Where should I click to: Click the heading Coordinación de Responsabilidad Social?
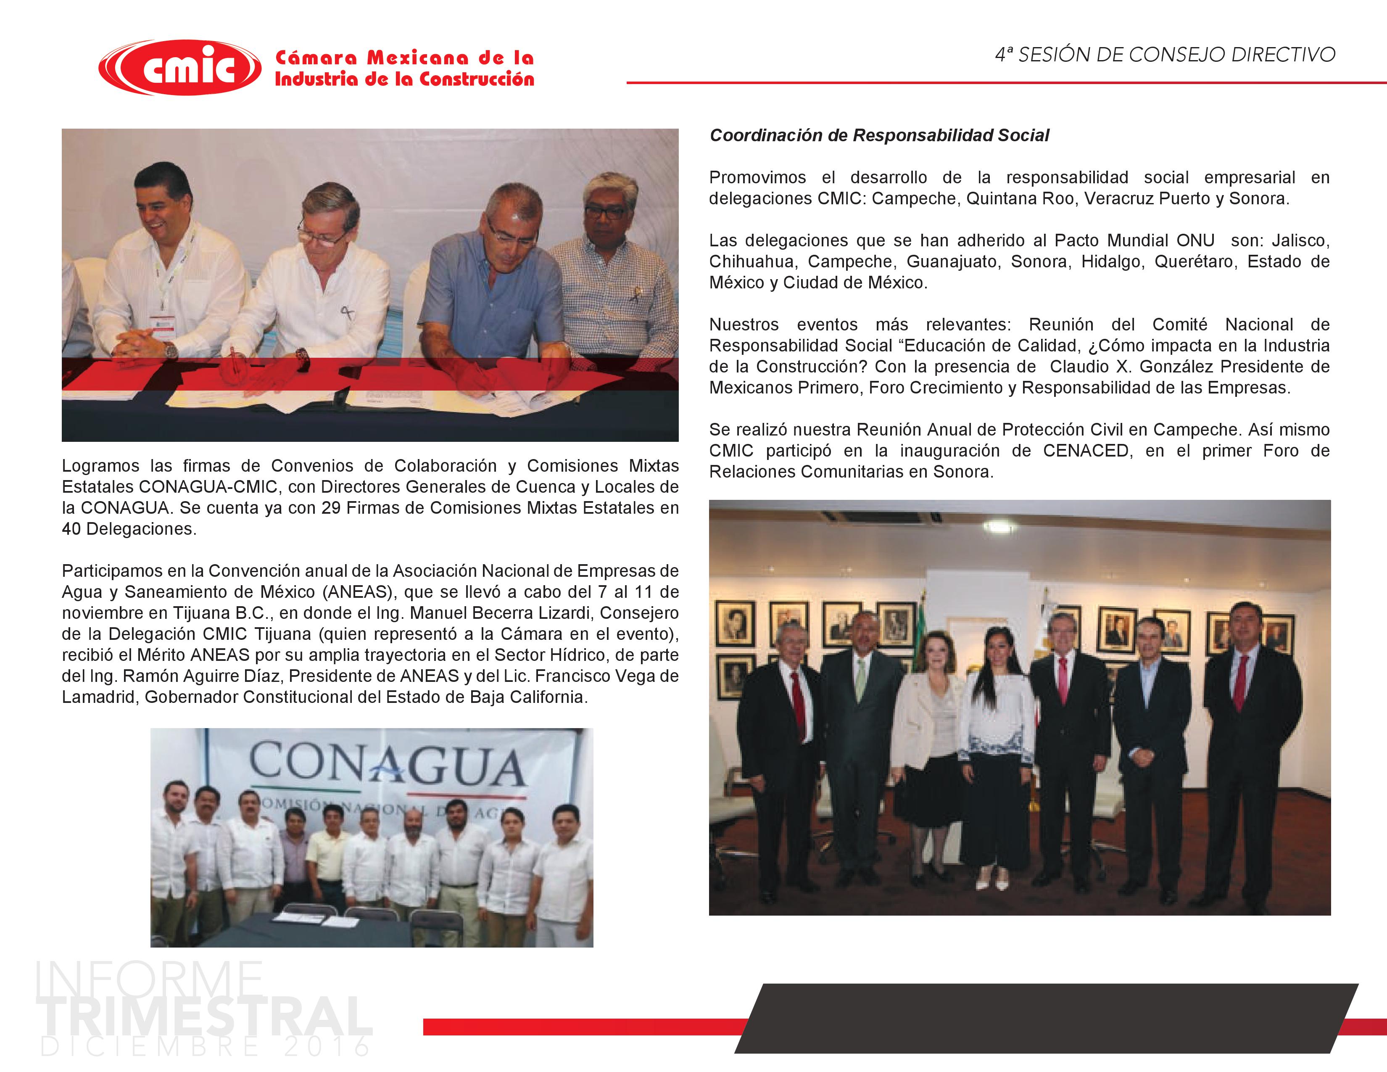879,135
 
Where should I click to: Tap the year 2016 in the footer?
327,1047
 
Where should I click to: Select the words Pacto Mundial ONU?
1134,241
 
